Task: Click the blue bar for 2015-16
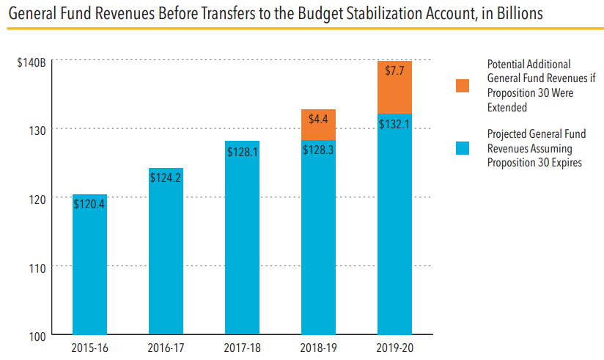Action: point(90,271)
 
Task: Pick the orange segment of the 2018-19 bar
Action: point(318,125)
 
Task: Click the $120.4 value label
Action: point(90,204)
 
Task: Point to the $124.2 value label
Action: point(166,177)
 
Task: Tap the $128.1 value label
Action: point(242,151)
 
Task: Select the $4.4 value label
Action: point(318,118)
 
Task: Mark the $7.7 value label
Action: point(394,71)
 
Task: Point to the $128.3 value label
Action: point(318,150)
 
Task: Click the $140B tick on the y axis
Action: point(32,62)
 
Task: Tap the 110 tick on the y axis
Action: point(37,267)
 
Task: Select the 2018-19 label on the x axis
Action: point(318,348)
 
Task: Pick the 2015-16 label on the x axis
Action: point(90,348)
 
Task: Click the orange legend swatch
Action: point(463,86)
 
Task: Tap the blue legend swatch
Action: point(463,149)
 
